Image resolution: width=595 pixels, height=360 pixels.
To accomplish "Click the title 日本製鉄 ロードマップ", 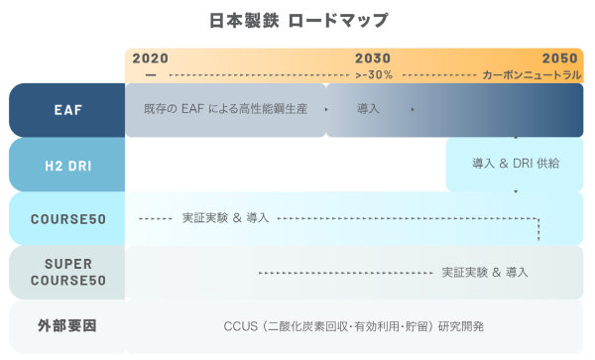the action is [298, 20].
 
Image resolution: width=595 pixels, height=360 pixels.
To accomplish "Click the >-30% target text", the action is [374, 74].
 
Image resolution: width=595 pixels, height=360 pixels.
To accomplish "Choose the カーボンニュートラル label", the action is [531, 74].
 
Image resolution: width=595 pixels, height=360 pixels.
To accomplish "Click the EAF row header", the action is [66, 109].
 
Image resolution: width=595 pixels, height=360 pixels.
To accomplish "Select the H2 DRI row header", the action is [66, 164].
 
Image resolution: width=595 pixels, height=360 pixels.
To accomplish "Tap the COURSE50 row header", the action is [66, 218].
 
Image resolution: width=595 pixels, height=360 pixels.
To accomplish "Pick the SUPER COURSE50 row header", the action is [66, 272].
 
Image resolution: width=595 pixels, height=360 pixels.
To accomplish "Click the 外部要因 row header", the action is [66, 325].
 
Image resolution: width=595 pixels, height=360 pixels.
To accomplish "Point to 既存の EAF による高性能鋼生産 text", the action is [225, 108].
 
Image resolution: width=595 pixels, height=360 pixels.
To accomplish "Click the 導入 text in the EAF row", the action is [369, 108].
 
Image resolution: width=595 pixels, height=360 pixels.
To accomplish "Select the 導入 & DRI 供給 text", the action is [516, 163].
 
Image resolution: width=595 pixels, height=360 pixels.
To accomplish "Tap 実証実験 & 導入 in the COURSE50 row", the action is [226, 217].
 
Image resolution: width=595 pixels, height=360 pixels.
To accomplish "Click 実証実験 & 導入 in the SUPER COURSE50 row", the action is [485, 271].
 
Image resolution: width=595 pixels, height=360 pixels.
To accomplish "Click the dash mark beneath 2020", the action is [150, 74].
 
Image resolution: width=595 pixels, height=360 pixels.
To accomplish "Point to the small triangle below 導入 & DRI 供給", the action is [516, 188].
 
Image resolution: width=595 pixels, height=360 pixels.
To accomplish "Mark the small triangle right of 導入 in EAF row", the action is [411, 108].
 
